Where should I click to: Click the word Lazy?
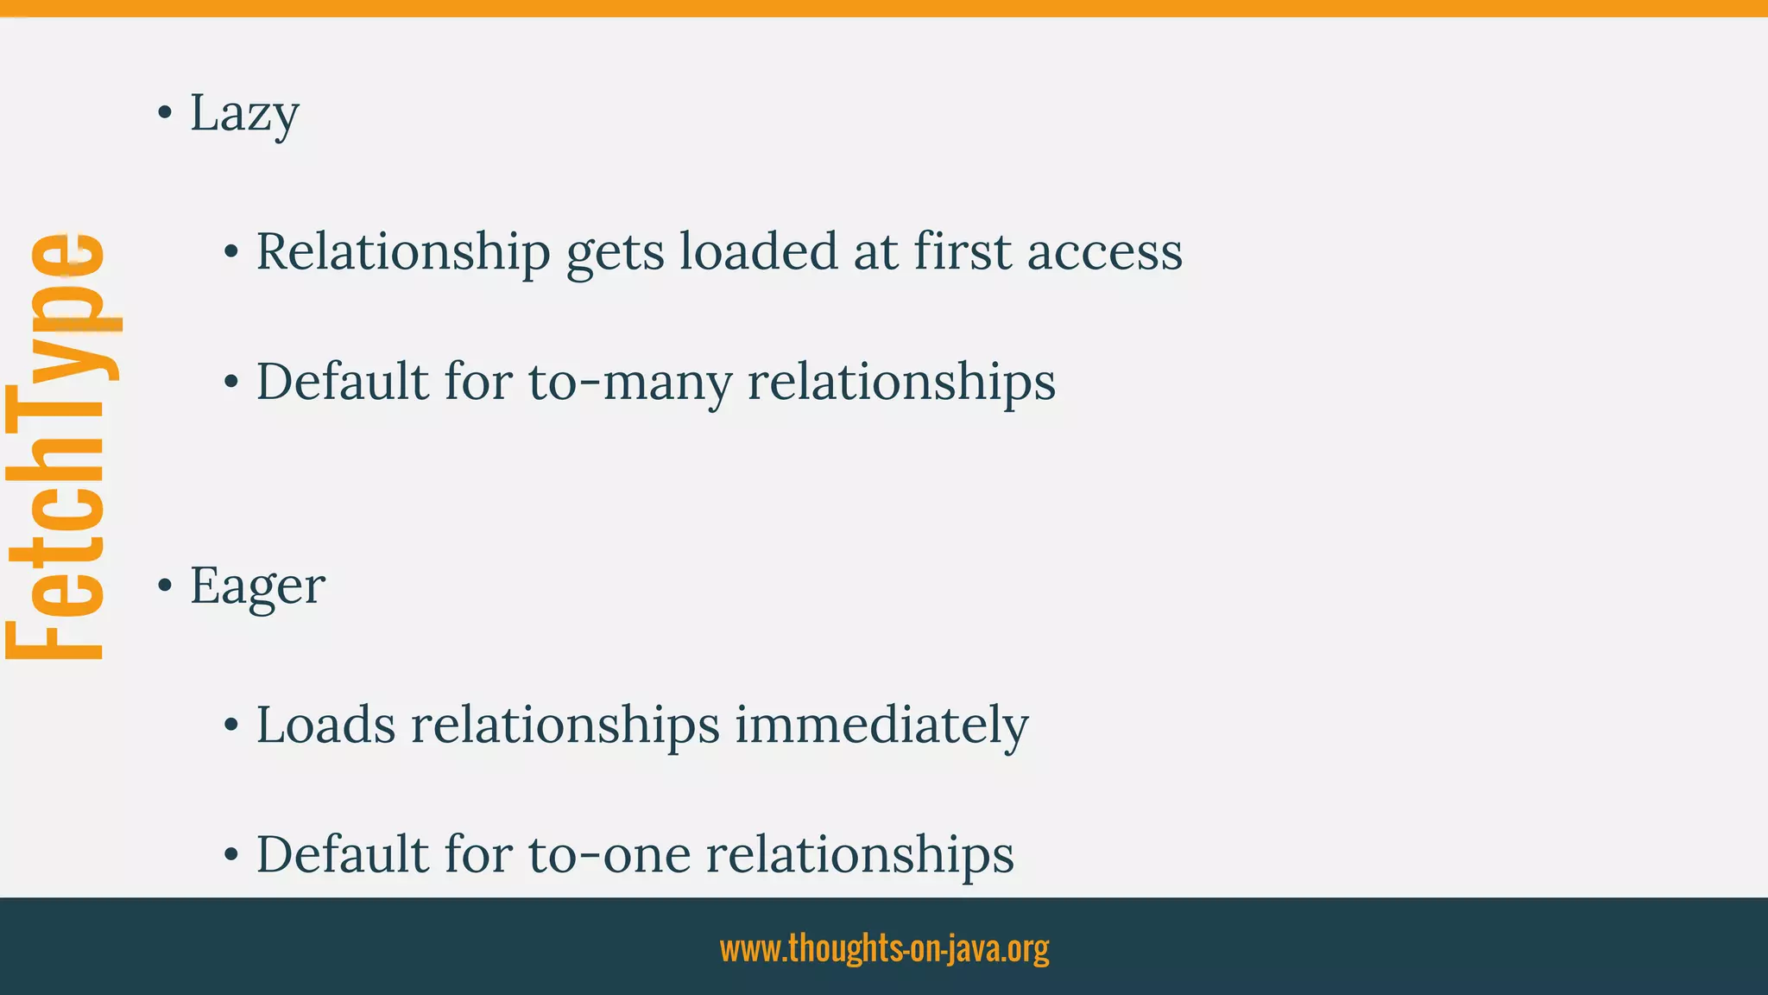pos(244,113)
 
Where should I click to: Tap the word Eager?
pos(257,586)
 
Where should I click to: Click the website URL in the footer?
pos(884,947)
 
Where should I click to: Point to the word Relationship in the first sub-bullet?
pos(402,252)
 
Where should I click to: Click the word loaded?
pos(758,252)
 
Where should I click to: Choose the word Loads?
pos(325,725)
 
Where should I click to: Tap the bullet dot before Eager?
pos(165,586)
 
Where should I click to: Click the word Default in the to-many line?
pos(342,381)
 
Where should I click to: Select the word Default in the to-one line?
pos(342,854)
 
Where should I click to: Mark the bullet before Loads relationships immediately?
pos(230,726)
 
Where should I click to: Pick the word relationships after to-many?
pos(901,381)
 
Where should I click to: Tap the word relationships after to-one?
pos(860,854)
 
